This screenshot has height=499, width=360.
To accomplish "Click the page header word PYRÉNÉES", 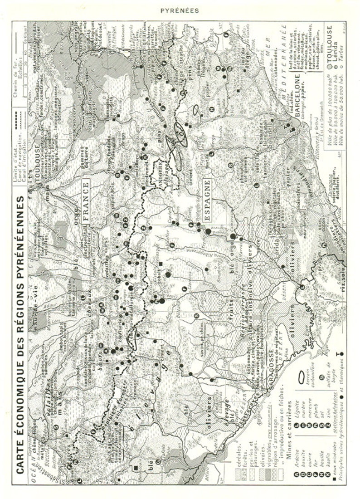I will (x=180, y=11).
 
